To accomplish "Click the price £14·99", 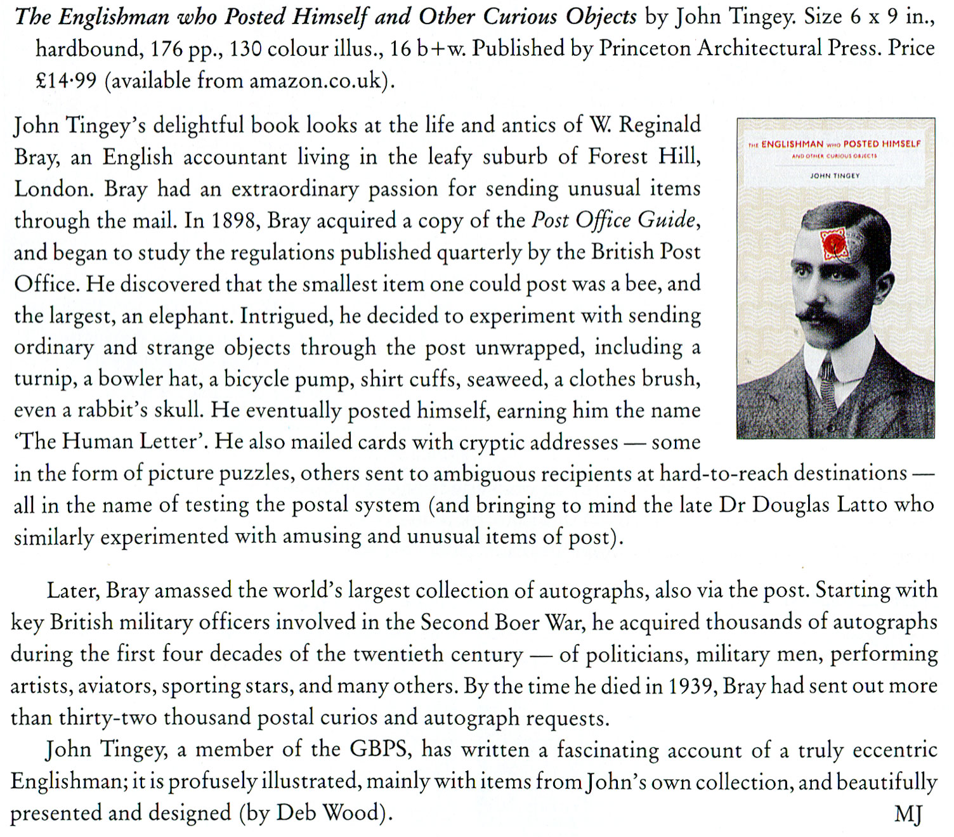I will pos(66,81).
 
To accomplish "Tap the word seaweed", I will pos(506,379).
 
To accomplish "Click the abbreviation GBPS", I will pos(379,749).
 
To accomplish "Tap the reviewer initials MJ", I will pos(908,814).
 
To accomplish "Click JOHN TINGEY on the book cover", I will pos(835,176).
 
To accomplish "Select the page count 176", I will pos(167,49).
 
